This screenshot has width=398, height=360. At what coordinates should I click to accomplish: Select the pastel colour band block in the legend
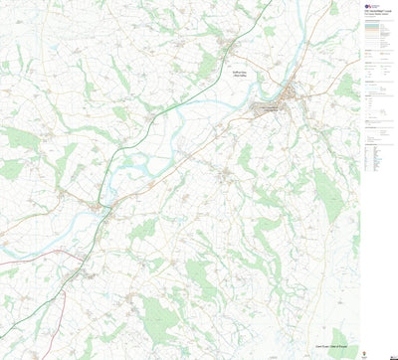[x=377, y=34]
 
